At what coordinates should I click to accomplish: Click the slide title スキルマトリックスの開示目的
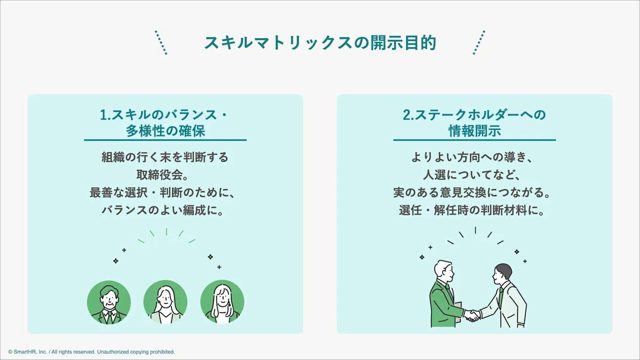(x=320, y=43)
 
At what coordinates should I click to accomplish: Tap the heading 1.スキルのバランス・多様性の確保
(x=165, y=122)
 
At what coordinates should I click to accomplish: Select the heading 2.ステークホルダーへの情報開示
(x=474, y=122)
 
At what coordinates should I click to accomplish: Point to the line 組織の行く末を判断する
(x=165, y=157)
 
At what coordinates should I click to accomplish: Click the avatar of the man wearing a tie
(x=109, y=302)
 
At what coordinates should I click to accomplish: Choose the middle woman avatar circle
(x=165, y=302)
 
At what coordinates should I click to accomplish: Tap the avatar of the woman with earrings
(x=222, y=302)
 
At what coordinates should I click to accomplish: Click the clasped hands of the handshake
(x=472, y=315)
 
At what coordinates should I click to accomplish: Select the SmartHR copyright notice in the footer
(x=91, y=352)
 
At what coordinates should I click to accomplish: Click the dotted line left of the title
(x=161, y=43)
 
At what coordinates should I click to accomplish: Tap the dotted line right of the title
(x=479, y=43)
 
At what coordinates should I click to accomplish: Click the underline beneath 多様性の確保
(x=165, y=140)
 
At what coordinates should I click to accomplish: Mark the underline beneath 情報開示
(x=474, y=140)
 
